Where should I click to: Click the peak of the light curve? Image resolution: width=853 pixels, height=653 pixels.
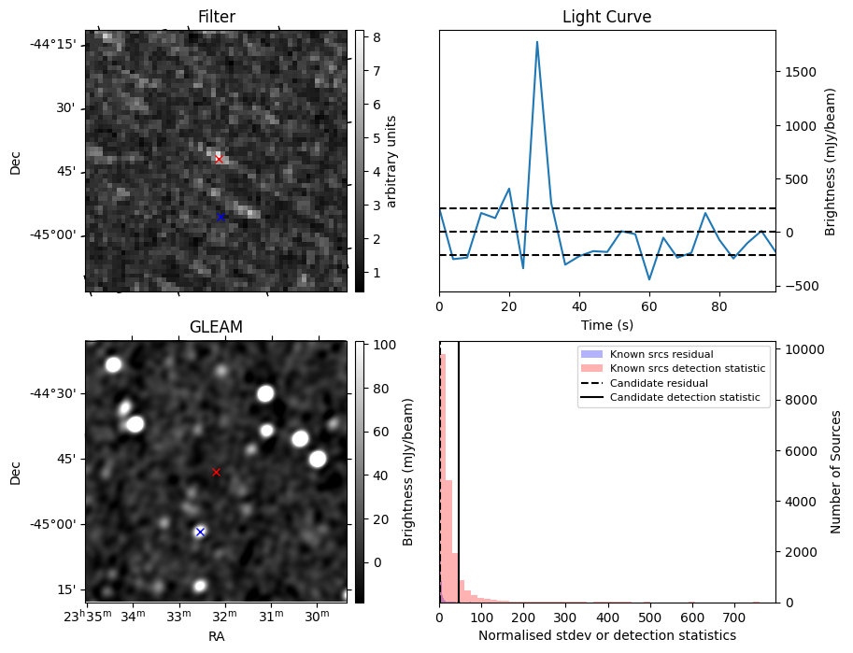click(x=537, y=42)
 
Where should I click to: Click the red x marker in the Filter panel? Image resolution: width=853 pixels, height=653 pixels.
click(x=219, y=159)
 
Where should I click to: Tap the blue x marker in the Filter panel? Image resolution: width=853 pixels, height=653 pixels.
click(x=220, y=217)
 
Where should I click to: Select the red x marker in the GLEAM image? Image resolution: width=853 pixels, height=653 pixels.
click(x=216, y=472)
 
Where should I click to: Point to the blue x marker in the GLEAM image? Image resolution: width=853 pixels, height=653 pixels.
click(x=200, y=532)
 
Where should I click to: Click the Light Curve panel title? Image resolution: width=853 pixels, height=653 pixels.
click(x=606, y=17)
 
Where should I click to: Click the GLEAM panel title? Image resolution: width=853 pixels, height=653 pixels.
click(x=216, y=327)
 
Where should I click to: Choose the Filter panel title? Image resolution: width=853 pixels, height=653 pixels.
click(x=216, y=17)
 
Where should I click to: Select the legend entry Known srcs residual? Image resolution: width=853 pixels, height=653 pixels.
click(x=661, y=354)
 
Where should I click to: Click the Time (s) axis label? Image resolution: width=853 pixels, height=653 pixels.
click(x=606, y=324)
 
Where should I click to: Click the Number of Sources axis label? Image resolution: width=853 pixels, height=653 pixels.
click(x=837, y=472)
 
